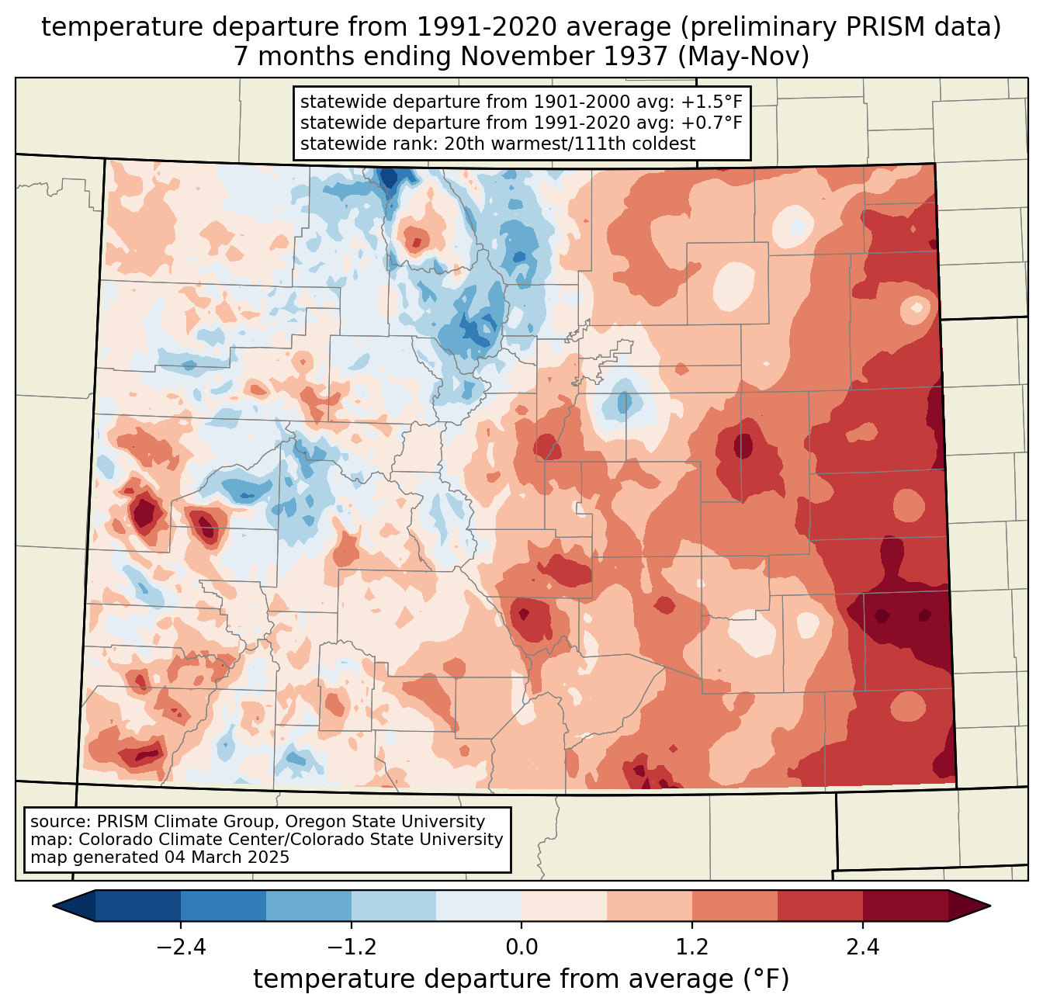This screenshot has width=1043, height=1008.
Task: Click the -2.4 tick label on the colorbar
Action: (181, 947)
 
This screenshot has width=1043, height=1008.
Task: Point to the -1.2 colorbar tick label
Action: (351, 947)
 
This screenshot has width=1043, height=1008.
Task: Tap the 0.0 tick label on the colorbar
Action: (521, 947)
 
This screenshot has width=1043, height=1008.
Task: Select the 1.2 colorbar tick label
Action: (692, 947)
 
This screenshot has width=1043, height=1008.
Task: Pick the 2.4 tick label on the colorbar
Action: (863, 947)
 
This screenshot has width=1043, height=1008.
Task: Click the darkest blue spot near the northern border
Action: (388, 178)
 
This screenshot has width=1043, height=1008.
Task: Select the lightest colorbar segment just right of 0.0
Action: (564, 906)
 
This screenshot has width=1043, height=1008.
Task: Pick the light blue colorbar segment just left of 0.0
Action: (479, 906)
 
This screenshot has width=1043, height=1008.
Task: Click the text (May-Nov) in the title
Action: (743, 57)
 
